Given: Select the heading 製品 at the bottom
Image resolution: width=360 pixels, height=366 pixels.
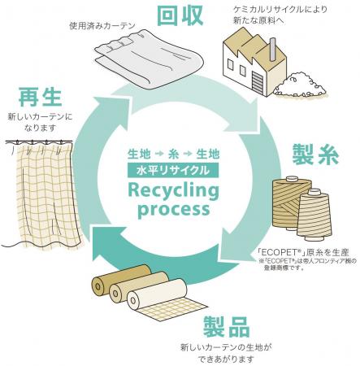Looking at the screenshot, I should tap(226, 327).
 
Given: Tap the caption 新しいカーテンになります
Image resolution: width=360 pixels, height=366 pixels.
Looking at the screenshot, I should tap(43, 121).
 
